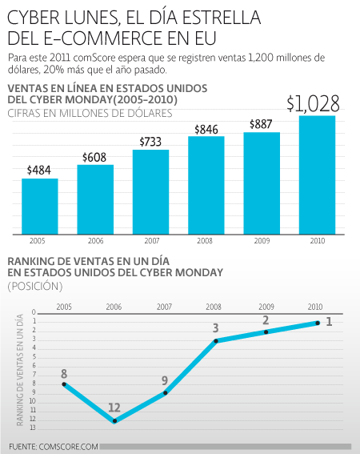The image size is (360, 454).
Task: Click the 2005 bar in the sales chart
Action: [40, 207]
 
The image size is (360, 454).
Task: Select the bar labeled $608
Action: [95, 199]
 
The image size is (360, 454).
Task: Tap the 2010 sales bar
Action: [317, 175]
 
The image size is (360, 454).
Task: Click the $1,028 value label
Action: [313, 103]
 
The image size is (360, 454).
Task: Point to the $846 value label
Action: [206, 130]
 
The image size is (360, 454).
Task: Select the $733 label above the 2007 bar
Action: [150, 142]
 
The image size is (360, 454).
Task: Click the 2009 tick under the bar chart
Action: [262, 241]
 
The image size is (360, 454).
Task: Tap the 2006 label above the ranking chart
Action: [114, 307]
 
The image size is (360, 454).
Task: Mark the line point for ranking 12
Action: [114, 420]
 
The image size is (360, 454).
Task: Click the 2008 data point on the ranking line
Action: [216, 341]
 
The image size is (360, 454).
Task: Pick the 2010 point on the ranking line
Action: [318, 323]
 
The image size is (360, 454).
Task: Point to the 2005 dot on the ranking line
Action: [64, 384]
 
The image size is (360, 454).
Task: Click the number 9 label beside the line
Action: [165, 380]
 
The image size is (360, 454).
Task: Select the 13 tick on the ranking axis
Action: [33, 428]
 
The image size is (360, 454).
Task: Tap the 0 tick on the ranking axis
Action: [34, 312]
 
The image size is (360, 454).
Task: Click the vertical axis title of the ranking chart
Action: [20, 370]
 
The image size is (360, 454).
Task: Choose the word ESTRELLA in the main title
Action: [222, 18]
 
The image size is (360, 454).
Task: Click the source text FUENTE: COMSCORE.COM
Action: [54, 447]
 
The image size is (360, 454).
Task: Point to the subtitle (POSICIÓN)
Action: [35, 286]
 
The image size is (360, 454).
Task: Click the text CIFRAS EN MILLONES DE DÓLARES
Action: [90, 113]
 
